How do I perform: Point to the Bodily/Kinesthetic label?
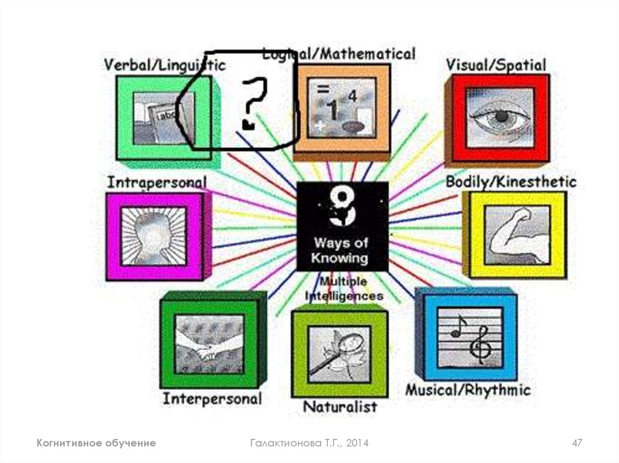[x=511, y=182]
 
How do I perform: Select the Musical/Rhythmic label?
[x=467, y=390]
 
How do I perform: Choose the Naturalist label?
[x=339, y=406]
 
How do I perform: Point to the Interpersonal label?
[x=212, y=399]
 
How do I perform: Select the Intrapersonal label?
[x=157, y=182]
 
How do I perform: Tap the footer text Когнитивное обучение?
[x=96, y=443]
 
